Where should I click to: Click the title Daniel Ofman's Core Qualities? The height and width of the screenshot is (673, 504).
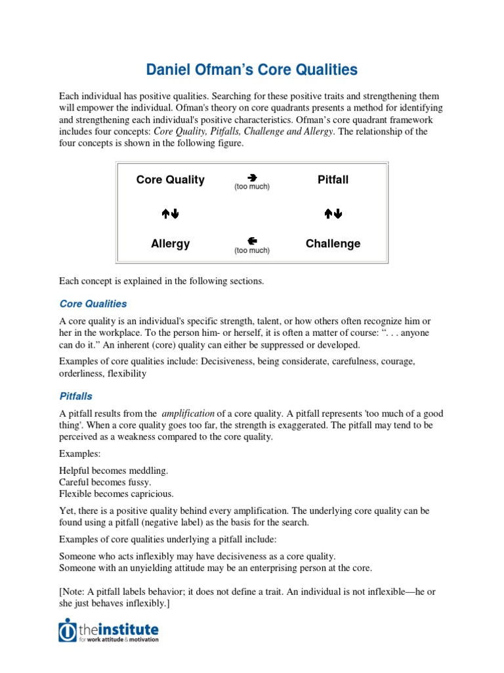(251, 70)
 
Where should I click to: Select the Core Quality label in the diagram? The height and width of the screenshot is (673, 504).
(170, 179)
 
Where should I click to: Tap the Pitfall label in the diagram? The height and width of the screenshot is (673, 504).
(333, 179)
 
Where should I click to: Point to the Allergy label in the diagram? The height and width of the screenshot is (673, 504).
(170, 243)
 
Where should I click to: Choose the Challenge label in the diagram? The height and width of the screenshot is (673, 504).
(333, 243)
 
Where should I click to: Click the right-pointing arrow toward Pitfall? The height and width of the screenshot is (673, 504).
(252, 177)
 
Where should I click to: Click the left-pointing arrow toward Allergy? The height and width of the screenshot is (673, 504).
(252, 241)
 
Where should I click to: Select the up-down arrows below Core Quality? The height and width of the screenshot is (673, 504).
(170, 213)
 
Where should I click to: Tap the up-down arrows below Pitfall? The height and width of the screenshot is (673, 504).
(333, 213)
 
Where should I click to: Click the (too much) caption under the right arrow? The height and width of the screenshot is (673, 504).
(252, 187)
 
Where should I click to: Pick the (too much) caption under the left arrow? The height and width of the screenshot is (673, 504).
(252, 250)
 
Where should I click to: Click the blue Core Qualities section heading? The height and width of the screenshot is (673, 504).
(93, 304)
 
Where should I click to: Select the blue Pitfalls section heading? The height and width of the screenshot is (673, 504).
(75, 396)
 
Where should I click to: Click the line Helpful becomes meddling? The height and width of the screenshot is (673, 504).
(114, 471)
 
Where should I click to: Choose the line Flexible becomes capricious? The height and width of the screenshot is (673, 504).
(116, 494)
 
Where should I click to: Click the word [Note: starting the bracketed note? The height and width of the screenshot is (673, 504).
(73, 592)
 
